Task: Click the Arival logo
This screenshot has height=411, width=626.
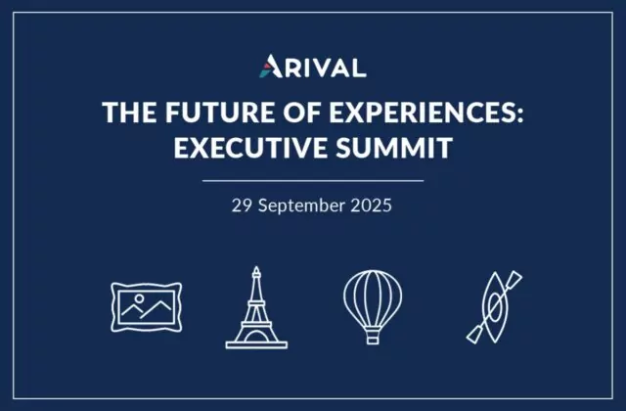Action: (313, 66)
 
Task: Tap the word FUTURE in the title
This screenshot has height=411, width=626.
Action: (220, 112)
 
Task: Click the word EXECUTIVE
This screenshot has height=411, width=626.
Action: (250, 148)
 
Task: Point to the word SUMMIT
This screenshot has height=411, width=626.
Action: (394, 148)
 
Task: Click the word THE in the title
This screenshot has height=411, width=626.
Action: (129, 112)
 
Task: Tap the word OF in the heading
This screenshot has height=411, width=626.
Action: (302, 112)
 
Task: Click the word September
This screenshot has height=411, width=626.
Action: (301, 206)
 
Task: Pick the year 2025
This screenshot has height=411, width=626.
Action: (372, 205)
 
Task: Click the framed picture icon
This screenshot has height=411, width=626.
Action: (146, 307)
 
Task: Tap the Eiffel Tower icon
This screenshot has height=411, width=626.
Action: (256, 307)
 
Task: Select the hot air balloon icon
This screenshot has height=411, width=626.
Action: (373, 306)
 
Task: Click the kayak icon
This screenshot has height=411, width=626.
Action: (495, 307)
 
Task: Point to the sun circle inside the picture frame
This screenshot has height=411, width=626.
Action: (139, 298)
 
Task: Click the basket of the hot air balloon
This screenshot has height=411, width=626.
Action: (373, 337)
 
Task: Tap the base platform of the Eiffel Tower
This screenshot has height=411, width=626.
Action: (256, 345)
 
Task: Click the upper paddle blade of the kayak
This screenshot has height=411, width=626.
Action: (514, 278)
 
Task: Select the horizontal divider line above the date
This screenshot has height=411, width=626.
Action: (313, 181)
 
